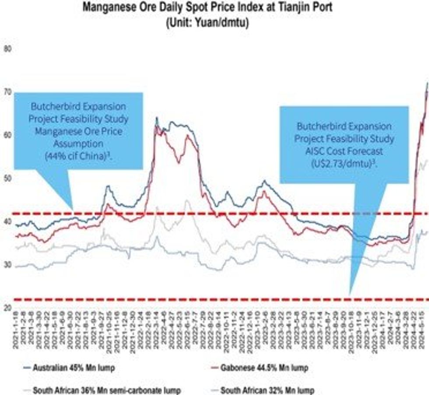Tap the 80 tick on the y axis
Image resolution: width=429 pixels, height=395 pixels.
(x=7, y=50)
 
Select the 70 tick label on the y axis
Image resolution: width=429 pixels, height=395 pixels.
(x=7, y=93)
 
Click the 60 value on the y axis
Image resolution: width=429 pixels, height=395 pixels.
(x=7, y=135)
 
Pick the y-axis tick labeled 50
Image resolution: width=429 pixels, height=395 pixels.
(x=7, y=178)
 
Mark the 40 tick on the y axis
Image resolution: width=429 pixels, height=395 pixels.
(x=7, y=221)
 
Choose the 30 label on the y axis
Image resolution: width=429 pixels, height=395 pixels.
(x=7, y=264)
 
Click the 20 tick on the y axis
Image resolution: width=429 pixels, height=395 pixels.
(x=7, y=307)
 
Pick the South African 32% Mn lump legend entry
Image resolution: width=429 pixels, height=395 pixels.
(x=267, y=390)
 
